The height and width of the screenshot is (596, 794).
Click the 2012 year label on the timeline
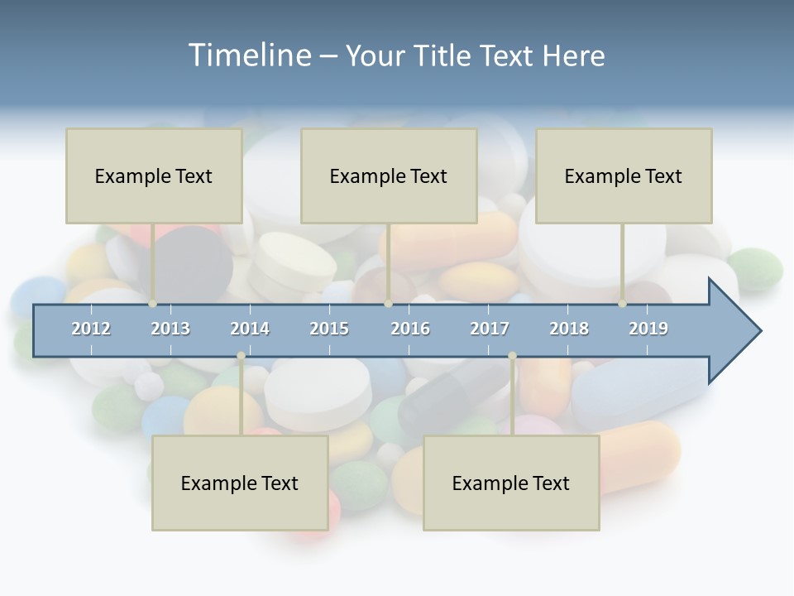91,329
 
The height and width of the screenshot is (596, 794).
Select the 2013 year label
170,329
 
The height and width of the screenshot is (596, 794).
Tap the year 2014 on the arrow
250,329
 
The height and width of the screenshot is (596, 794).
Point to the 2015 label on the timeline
329,329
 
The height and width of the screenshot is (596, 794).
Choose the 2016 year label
410,329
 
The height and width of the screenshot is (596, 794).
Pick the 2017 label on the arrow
490,329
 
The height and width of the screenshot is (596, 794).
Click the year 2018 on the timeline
569,329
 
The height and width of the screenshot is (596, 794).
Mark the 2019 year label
648,329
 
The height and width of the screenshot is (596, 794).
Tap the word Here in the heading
573,55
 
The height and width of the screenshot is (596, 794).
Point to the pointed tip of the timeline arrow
759,331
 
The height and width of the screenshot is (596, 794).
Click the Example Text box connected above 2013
154,175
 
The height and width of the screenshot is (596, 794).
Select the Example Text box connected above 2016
389,175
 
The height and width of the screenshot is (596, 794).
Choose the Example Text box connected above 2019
624,175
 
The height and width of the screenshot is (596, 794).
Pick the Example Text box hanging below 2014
240,483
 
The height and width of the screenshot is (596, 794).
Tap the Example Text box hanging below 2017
511,483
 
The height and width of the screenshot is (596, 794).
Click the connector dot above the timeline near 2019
623,304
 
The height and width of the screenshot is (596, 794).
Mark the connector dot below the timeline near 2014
241,356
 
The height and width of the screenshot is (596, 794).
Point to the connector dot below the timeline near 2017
512,356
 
